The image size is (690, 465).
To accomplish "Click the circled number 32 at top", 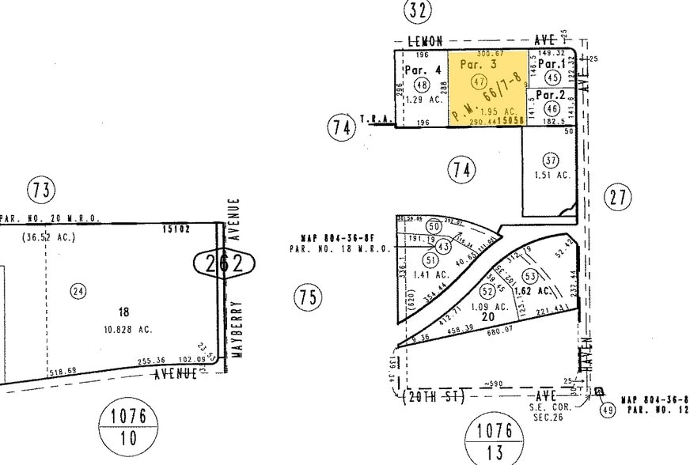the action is click(418, 11).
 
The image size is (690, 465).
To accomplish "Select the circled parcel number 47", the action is click(478, 81).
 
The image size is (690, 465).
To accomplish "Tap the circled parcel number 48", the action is click(422, 85).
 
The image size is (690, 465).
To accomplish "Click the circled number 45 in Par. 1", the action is click(553, 77).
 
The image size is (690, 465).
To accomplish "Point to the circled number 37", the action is click(551, 161).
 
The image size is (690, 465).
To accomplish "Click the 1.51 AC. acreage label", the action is click(552, 175).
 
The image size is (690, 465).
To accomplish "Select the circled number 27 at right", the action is click(618, 196).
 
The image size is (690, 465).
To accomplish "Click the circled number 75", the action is click(309, 297).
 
